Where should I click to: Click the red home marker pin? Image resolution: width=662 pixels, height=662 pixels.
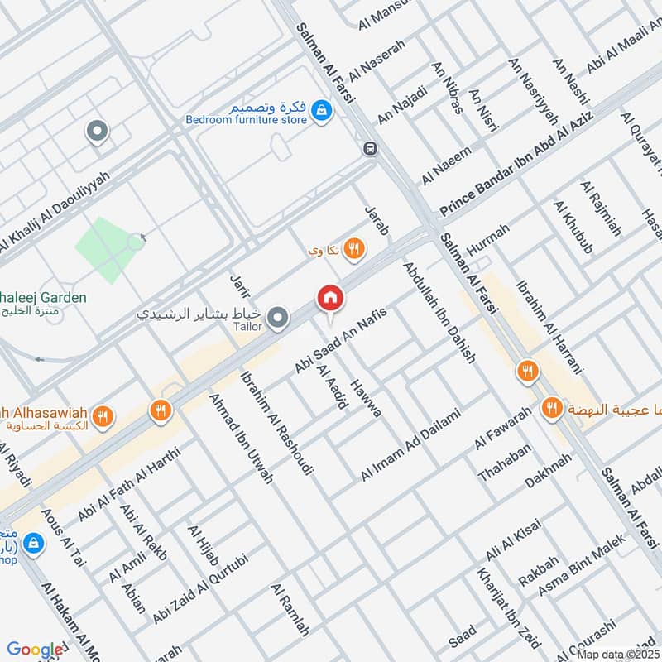click(x=329, y=298)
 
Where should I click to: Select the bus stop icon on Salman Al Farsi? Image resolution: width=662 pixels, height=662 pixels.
click(x=368, y=149)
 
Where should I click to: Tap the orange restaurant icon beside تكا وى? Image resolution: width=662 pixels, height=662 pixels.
click(x=355, y=248)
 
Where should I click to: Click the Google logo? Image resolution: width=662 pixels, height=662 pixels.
click(x=36, y=650)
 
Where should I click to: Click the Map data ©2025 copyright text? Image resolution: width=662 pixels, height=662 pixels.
click(x=617, y=654)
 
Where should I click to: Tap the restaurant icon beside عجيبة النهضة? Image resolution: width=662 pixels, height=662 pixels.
click(x=550, y=407)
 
